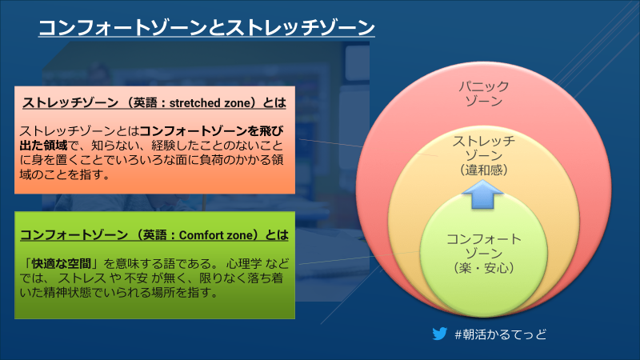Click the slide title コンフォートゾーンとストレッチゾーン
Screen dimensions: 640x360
tap(206, 27)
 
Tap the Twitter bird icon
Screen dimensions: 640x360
tap(439, 334)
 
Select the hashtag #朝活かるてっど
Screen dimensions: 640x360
tap(501, 334)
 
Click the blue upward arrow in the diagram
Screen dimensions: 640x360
tap(482, 194)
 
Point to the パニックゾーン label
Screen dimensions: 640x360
tap(484, 94)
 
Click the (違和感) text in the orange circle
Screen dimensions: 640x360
tap(484, 170)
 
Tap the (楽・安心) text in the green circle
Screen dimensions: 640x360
tap(484, 268)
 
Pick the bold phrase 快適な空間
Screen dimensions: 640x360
tap(62, 263)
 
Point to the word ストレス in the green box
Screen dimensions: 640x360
tap(82, 278)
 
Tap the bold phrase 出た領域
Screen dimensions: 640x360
tap(43, 146)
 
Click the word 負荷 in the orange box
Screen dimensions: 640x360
tap(211, 159)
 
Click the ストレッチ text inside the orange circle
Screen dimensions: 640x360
tap(484, 141)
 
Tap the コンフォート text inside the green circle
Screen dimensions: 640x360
tap(484, 238)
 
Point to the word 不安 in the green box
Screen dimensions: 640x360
tap(136, 278)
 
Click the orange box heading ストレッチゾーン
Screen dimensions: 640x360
tap(70, 103)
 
